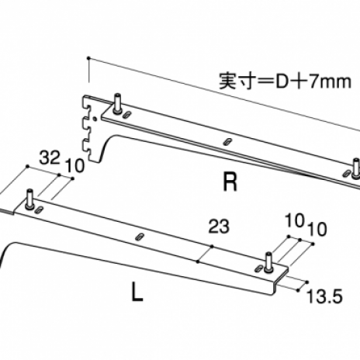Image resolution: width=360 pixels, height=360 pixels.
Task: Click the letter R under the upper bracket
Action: pos(230,182)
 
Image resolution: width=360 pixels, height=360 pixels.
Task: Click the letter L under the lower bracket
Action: pos(137,292)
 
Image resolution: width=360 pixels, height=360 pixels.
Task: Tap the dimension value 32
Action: pos(50,157)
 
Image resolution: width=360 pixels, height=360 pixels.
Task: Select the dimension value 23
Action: pos(219,227)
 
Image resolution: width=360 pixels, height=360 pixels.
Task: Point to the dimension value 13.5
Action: pos(324,296)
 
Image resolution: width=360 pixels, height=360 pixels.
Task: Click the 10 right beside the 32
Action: pos(75,166)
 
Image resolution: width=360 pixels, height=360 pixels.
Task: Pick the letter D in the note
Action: pos(281,81)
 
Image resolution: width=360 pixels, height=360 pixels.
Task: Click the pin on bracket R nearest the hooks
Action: pos(118,103)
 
